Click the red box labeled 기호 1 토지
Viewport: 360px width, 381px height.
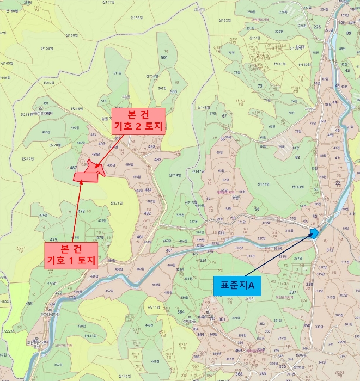click(x=71, y=255)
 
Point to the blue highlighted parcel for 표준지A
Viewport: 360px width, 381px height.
click(x=314, y=233)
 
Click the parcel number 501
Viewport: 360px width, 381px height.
click(x=164, y=57)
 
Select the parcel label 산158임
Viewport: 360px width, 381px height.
click(x=71, y=36)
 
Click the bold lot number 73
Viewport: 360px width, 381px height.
click(x=260, y=86)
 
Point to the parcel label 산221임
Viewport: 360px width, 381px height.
click(x=115, y=203)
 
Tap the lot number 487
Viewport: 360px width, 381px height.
click(x=74, y=168)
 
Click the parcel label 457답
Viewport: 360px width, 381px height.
click(x=109, y=291)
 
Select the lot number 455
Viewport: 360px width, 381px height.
click(x=29, y=303)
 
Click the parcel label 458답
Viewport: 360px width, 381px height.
click(x=156, y=285)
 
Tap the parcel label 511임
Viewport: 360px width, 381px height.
click(x=117, y=73)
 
